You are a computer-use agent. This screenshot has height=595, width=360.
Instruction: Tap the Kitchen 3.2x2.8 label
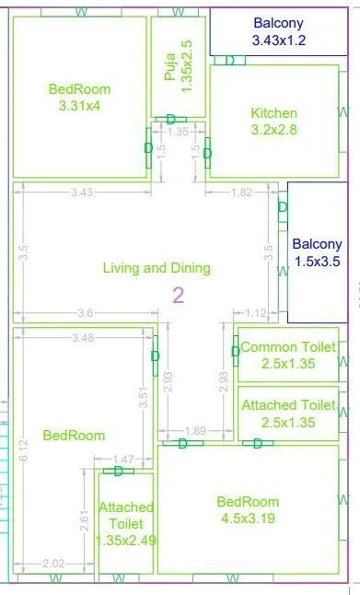pos(273,122)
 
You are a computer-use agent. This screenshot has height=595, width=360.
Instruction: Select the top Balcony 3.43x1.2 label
pos(278,32)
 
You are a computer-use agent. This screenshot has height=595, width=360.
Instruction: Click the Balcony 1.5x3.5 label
pos(317,253)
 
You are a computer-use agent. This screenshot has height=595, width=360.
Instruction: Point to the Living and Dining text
pos(157,268)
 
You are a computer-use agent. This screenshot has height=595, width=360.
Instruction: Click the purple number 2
pos(179,295)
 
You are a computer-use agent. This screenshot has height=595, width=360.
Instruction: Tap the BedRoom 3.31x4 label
pos(79,98)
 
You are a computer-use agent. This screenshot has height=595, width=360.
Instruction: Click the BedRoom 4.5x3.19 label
pos(248,510)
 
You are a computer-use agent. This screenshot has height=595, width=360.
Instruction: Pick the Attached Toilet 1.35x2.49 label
pos(126,523)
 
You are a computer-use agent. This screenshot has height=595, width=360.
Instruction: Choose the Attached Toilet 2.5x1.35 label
pos(288,414)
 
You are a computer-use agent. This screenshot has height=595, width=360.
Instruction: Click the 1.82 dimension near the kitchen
pos(241,192)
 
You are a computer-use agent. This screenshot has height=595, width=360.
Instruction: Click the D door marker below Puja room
pos(171,119)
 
